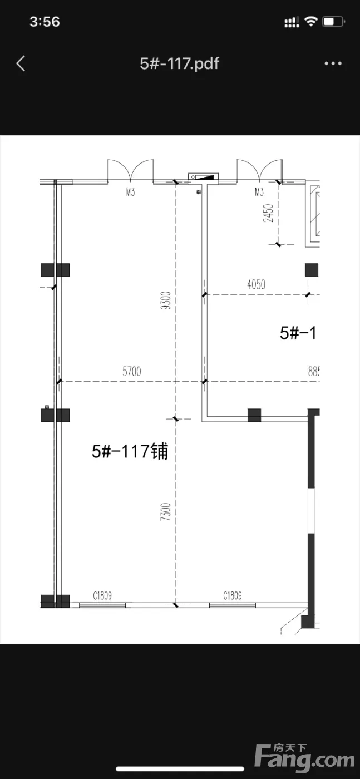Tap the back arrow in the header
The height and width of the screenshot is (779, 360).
(21, 63)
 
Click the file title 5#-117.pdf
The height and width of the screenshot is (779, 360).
(180, 63)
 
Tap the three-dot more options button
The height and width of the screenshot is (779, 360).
(333, 63)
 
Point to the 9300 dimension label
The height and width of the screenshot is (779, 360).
(166, 300)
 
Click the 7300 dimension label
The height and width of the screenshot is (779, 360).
(166, 511)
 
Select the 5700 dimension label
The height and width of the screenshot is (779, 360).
(132, 372)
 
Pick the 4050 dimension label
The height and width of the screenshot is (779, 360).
(257, 284)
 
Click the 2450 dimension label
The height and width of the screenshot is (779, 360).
(268, 213)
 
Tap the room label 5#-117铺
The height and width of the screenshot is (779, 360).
(130, 451)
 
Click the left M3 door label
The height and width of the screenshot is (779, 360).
(130, 191)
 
